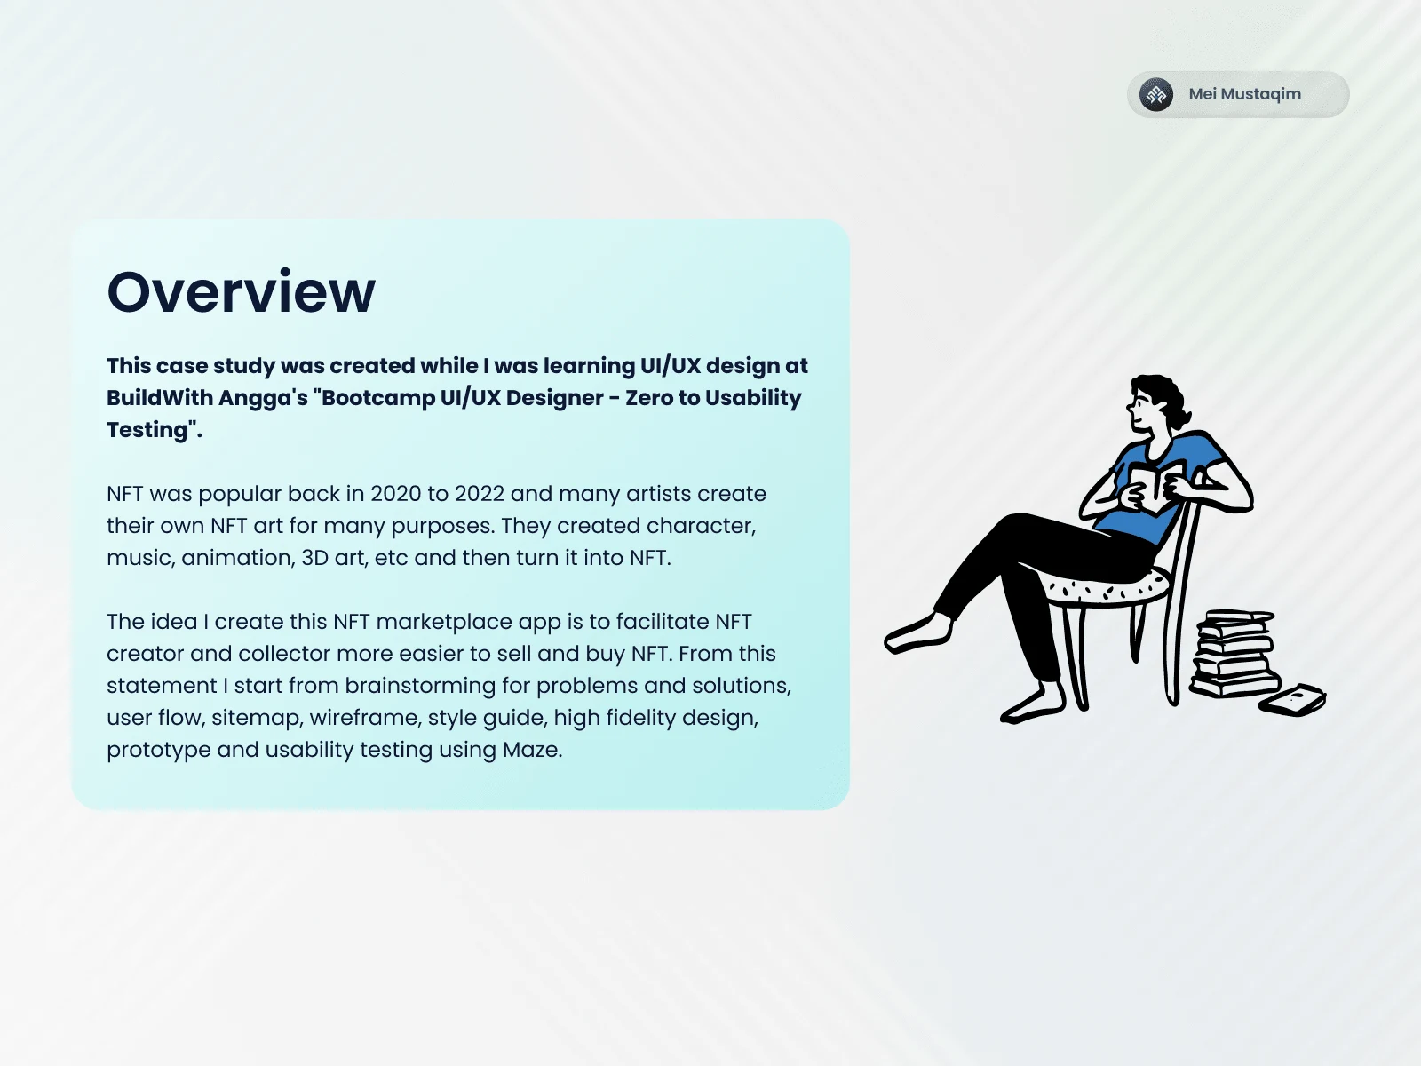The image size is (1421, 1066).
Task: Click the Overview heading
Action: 241,292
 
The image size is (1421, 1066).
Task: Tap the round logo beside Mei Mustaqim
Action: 1156,94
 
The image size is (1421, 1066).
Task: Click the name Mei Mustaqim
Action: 1244,94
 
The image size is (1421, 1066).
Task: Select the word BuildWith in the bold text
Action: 159,397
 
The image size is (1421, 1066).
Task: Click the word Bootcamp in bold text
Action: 378,398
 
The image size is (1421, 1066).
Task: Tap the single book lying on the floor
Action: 1292,700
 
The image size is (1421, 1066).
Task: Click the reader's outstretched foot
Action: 918,632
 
